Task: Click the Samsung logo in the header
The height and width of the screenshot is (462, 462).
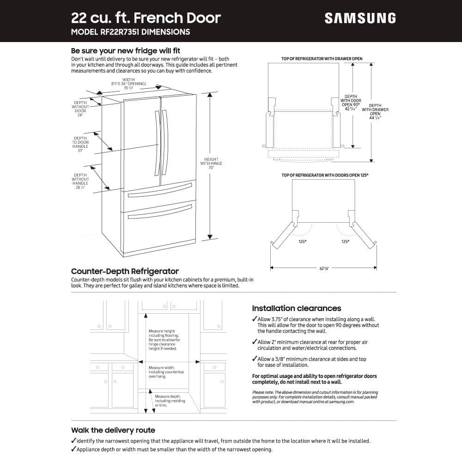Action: click(360, 18)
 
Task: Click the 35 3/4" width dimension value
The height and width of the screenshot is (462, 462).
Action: click(128, 88)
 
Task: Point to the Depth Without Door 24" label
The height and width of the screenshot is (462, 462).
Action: click(80, 109)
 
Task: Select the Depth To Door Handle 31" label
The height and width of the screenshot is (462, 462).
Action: click(80, 144)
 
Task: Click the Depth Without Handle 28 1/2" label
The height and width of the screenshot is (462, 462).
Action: click(80, 181)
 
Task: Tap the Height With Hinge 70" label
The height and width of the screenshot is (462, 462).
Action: click(211, 163)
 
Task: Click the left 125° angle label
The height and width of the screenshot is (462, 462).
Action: click(303, 242)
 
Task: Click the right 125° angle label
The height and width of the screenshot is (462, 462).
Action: click(345, 242)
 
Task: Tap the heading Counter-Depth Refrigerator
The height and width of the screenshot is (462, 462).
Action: click(125, 271)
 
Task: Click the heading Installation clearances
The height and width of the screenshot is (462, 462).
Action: click(296, 308)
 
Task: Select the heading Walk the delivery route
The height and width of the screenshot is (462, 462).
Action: click(113, 430)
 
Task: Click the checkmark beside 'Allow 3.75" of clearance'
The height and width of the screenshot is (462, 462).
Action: click(255, 319)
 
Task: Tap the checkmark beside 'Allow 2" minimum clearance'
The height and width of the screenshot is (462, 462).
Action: click(255, 342)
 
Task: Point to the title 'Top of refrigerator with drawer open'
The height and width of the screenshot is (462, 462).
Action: click(322, 59)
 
